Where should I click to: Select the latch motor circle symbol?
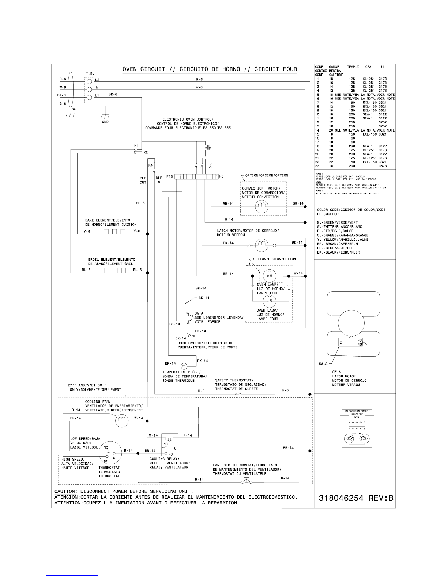(x=261, y=245)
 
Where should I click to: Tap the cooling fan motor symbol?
(x=122, y=421)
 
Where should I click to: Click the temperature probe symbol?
(x=184, y=366)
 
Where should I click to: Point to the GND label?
(x=105, y=122)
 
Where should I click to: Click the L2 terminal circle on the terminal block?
(x=89, y=79)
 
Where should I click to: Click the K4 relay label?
(x=150, y=165)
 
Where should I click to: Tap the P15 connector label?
(x=169, y=176)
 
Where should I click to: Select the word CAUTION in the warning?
(x=66, y=491)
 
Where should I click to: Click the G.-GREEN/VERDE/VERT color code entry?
(x=338, y=222)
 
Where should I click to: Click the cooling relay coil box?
(x=170, y=438)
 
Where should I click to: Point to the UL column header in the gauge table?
(x=383, y=67)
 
